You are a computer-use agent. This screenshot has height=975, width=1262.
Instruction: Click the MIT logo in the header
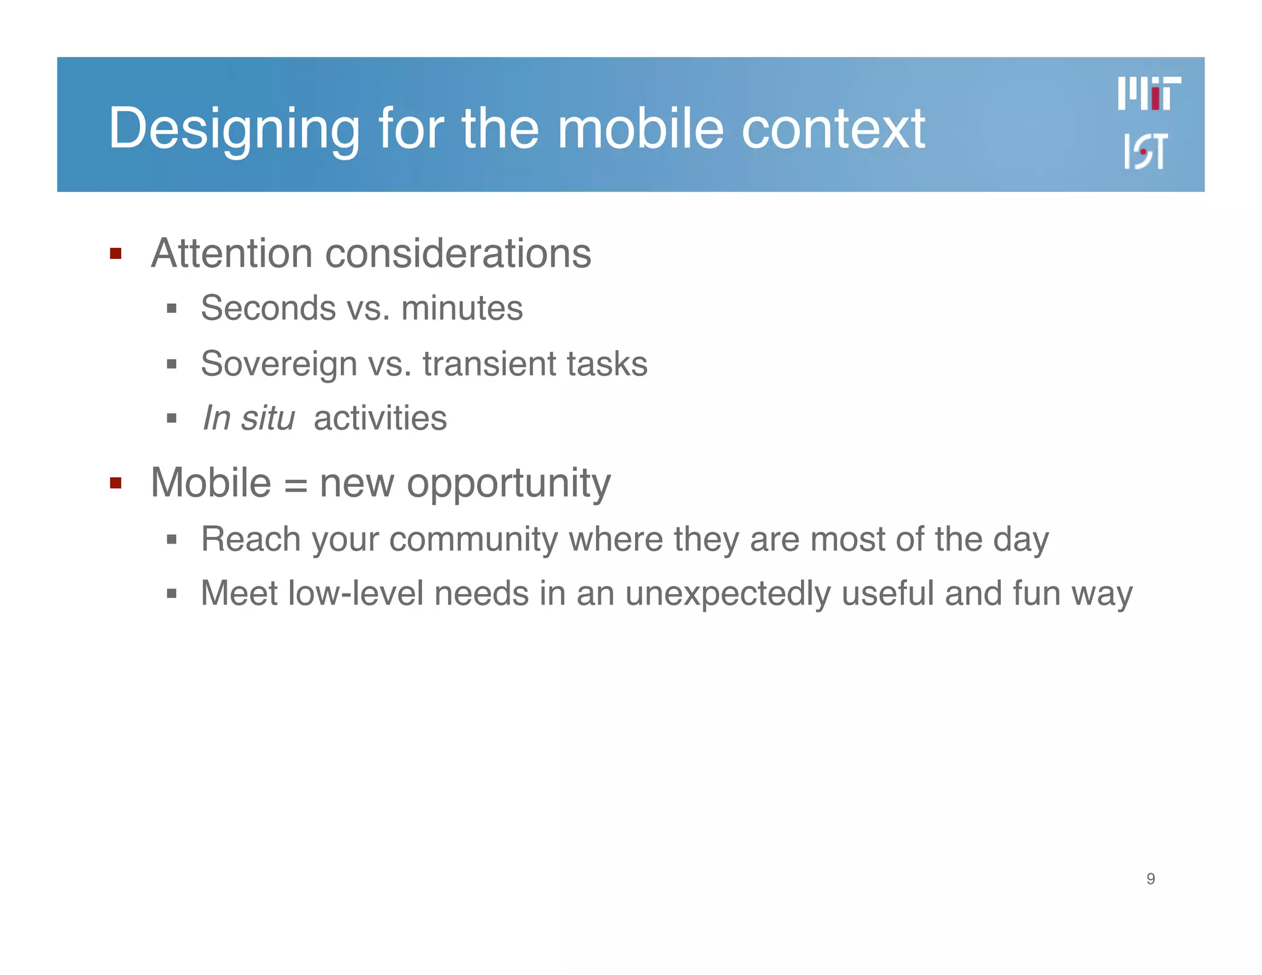pos(1149,94)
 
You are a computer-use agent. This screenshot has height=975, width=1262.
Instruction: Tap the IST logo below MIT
pos(1146,151)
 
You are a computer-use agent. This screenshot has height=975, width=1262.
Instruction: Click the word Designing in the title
pos(234,129)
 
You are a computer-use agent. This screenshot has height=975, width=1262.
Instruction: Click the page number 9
pos(1150,879)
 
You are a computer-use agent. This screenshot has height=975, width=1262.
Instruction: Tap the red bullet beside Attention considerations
pos(115,253)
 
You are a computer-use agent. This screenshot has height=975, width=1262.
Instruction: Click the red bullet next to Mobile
pos(115,483)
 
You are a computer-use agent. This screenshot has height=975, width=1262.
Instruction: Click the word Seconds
pos(268,308)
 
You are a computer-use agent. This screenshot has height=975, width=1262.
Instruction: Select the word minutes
pos(462,308)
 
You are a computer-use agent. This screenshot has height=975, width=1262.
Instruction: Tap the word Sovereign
pos(279,364)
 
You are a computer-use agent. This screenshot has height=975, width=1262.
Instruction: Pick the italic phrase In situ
pos(248,418)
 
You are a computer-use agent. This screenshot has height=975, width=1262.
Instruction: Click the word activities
pos(380,418)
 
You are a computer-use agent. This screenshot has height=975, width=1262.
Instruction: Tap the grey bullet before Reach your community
pos(172,540)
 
